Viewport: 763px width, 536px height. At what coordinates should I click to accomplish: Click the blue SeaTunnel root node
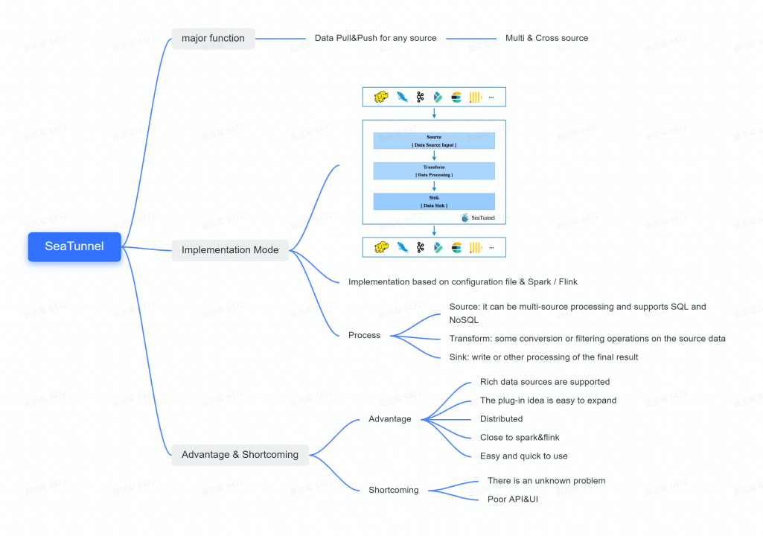(x=74, y=246)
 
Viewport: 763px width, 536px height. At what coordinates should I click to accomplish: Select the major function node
(x=213, y=38)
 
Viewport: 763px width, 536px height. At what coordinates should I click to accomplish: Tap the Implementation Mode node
(x=230, y=250)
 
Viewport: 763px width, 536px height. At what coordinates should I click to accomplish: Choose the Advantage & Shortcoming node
(x=240, y=454)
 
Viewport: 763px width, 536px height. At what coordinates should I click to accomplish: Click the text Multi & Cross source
(x=546, y=38)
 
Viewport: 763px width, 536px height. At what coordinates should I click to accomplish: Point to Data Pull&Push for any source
(x=376, y=38)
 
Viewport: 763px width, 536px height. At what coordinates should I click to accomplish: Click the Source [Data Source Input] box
(x=434, y=141)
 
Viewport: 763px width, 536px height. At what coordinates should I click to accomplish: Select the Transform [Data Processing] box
(x=434, y=171)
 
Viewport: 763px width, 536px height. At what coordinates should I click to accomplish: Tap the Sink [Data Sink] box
(x=434, y=201)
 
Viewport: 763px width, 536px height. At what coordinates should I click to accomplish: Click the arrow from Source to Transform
(x=434, y=156)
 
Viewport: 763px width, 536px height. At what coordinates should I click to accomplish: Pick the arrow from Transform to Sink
(x=434, y=186)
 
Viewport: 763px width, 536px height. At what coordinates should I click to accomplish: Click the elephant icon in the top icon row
(x=381, y=98)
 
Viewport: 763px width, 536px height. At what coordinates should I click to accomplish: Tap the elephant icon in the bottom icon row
(x=381, y=247)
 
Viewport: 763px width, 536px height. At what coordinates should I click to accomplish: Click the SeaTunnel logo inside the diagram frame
(x=478, y=217)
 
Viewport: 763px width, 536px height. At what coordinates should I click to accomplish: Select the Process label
(x=364, y=335)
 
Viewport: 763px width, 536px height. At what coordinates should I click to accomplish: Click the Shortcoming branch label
(x=393, y=490)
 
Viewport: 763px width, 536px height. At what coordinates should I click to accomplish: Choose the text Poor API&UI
(x=512, y=499)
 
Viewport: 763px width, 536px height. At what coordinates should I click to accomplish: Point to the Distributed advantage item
(x=501, y=419)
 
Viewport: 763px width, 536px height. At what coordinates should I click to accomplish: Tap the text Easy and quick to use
(x=523, y=456)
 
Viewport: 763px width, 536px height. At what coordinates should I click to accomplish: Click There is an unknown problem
(x=546, y=481)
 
